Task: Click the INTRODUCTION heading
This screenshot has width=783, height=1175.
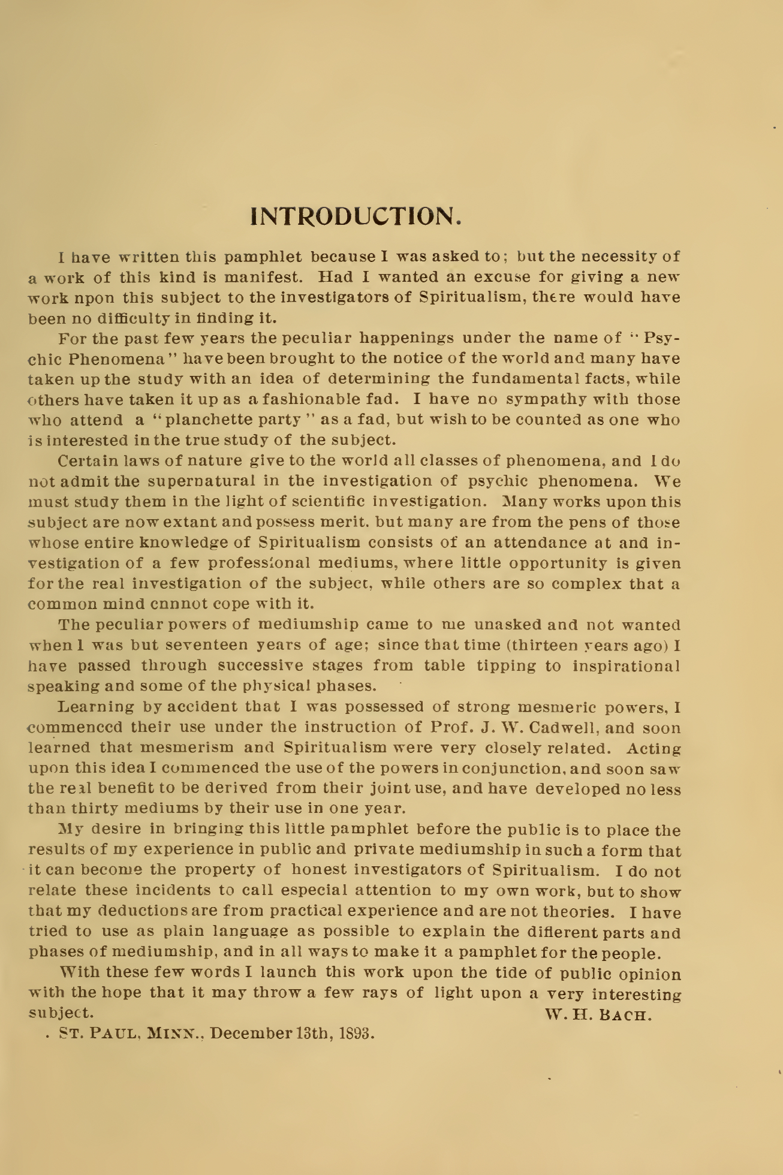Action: (356, 216)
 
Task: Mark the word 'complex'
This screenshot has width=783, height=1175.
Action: (586, 584)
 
